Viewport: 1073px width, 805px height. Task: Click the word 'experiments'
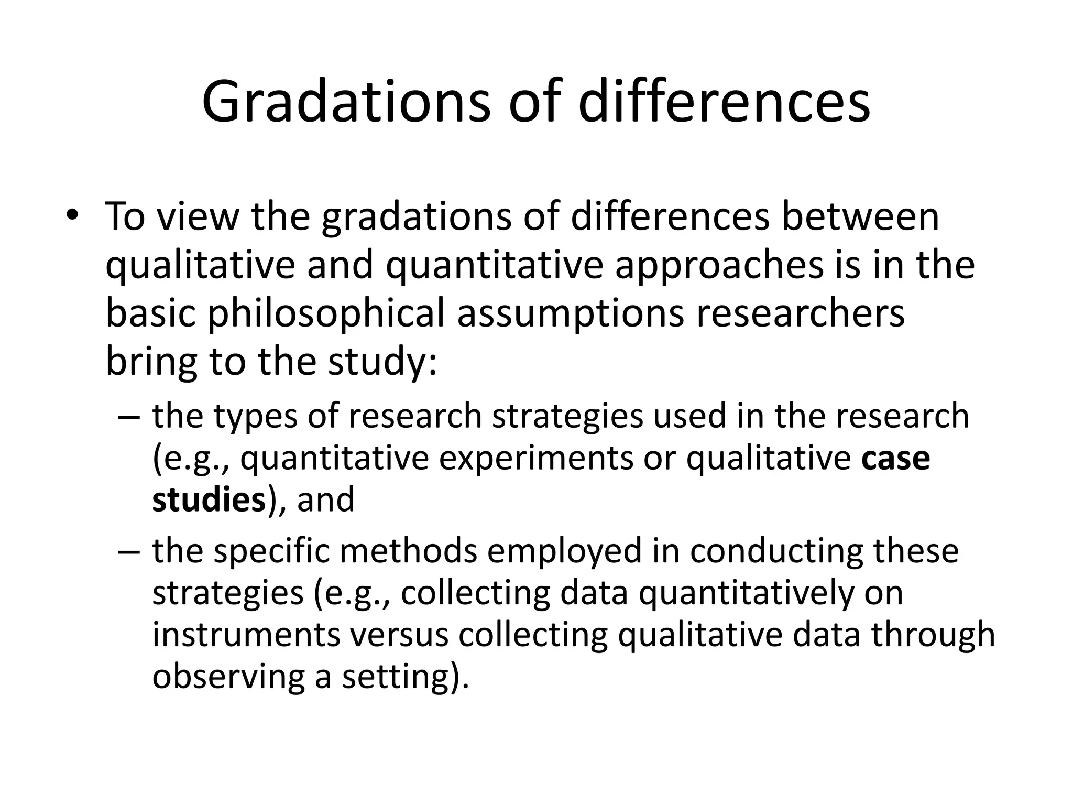(x=536, y=458)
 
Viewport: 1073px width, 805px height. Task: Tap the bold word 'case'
(x=896, y=458)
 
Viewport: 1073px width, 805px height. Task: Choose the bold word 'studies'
(x=209, y=499)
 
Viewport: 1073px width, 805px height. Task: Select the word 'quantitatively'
(x=750, y=593)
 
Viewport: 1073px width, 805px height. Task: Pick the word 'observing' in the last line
(x=228, y=677)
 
